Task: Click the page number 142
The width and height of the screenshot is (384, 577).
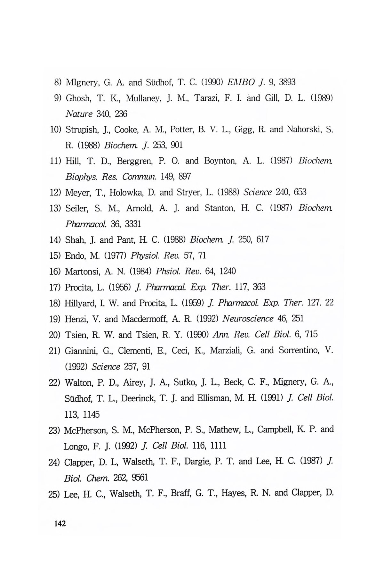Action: pyautogui.click(x=60, y=524)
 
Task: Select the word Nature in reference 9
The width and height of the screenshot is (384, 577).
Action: pyautogui.click(x=79, y=114)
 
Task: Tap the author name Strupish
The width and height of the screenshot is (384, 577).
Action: pyautogui.click(x=81, y=130)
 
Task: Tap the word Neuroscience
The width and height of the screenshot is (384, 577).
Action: pyautogui.click(x=248, y=319)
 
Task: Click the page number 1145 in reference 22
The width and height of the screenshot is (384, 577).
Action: pyautogui.click(x=91, y=414)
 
